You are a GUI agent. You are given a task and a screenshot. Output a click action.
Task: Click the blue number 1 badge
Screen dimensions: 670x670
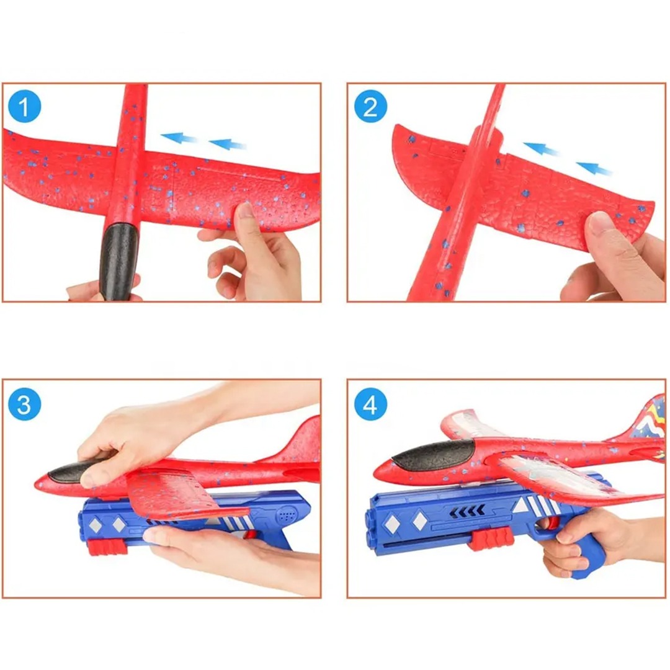pos(25,107)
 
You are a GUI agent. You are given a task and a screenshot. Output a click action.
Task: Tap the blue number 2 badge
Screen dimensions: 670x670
pos(370,107)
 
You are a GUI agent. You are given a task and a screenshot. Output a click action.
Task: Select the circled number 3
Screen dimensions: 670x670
pos(25,404)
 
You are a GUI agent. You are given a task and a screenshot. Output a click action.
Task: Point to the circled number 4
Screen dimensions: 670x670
pos(370,404)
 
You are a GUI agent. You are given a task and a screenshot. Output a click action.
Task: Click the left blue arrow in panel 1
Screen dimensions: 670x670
pos(179,138)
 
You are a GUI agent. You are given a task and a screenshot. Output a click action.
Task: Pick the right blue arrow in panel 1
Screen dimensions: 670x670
pos(227,144)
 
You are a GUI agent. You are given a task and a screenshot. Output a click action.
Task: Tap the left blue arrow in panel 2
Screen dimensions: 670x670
pos(542,148)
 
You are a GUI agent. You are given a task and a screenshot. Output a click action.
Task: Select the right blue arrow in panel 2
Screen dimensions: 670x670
pos(594,168)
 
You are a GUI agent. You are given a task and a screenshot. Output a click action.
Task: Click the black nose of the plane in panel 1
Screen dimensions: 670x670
pos(118,261)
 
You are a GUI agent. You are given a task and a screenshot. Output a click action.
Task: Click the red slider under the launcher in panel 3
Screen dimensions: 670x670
pos(108,547)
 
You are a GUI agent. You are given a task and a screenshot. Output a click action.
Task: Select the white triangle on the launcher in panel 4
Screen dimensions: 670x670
pos(520,506)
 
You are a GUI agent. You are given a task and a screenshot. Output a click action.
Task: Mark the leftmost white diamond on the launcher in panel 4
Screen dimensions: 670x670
pos(392,523)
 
